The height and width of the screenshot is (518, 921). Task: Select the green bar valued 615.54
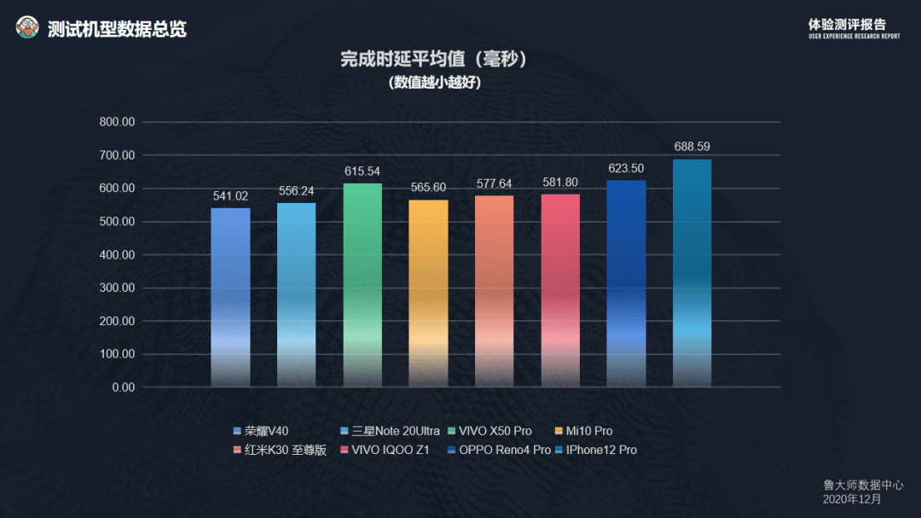point(362,285)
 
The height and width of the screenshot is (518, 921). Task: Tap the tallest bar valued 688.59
point(692,273)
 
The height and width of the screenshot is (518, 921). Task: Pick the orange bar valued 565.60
point(428,294)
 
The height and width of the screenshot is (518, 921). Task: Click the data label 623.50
point(626,169)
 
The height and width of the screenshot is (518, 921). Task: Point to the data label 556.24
point(296,191)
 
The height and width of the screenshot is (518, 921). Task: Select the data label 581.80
point(559,183)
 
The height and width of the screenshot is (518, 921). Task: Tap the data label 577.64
point(494,183)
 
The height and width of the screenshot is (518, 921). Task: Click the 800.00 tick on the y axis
point(117,122)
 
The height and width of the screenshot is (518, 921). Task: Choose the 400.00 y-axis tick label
point(117,255)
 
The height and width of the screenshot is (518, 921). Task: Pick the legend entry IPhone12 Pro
point(600,450)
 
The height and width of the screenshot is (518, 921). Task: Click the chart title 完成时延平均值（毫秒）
point(433,60)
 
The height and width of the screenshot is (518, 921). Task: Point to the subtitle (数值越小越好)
point(433,83)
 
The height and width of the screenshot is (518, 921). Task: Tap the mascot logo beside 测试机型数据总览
point(27,28)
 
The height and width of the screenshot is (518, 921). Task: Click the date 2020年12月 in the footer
point(852,498)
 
